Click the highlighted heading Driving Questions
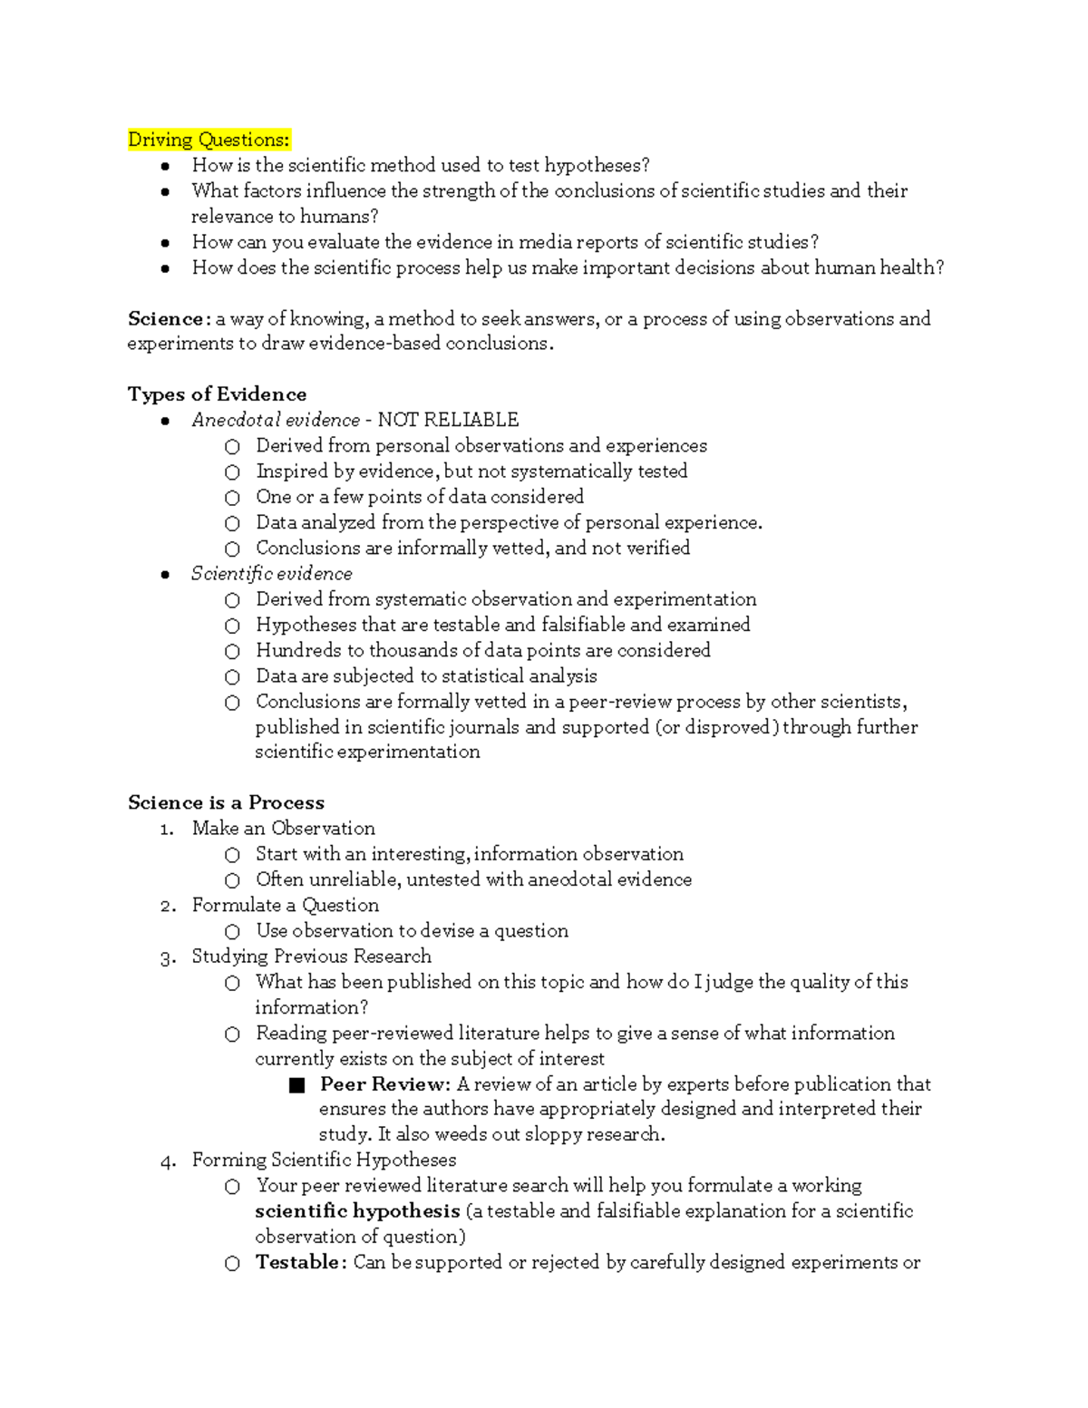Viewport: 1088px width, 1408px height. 209,140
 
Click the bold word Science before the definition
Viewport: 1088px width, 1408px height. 166,319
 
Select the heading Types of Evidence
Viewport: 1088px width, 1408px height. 217,394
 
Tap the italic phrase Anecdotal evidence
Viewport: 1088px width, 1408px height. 276,420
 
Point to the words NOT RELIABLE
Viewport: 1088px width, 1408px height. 448,420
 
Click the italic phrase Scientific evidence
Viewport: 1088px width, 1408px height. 272,574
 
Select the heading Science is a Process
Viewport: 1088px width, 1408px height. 226,802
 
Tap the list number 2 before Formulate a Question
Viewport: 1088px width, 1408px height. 166,906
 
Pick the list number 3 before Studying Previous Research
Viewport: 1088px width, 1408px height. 166,957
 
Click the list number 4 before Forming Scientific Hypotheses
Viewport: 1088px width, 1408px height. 166,1161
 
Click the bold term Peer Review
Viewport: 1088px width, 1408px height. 384,1084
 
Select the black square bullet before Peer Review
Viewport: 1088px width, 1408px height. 296,1085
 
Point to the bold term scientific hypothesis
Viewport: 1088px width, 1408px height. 357,1211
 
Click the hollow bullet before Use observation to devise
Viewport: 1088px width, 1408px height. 233,932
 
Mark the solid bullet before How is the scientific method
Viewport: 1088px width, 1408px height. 165,166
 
